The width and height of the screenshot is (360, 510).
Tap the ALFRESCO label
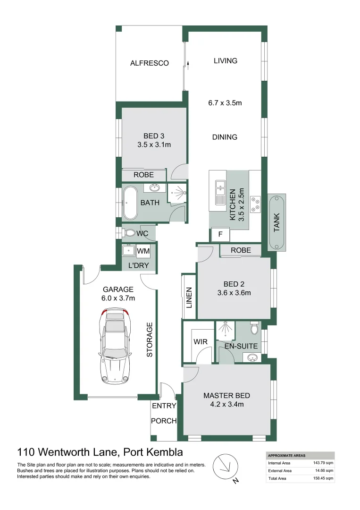pyautogui.click(x=150, y=63)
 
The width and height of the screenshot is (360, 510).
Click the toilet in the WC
pyautogui.click(x=129, y=233)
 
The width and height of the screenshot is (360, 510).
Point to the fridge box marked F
pyautogui.click(x=220, y=234)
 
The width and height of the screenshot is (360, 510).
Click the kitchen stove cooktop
pyautogui.click(x=255, y=203)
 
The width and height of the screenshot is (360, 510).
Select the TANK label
pyautogui.click(x=277, y=222)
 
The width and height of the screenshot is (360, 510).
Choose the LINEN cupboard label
pyautogui.click(x=189, y=298)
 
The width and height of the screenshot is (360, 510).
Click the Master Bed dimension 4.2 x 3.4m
pyautogui.click(x=226, y=404)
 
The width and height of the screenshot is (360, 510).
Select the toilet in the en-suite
pyautogui.click(x=254, y=328)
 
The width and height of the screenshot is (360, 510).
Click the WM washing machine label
pyautogui.click(x=143, y=251)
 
